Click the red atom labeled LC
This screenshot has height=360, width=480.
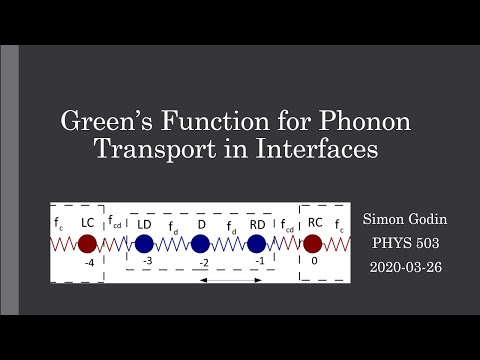(x=88, y=244)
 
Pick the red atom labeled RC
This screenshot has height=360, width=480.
(x=313, y=244)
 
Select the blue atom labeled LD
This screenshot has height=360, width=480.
(x=144, y=244)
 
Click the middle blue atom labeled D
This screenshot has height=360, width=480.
(x=200, y=244)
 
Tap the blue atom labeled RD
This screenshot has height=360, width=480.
(x=257, y=244)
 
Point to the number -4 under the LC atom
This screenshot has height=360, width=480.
(x=88, y=264)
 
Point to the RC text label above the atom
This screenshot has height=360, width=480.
(x=314, y=222)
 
